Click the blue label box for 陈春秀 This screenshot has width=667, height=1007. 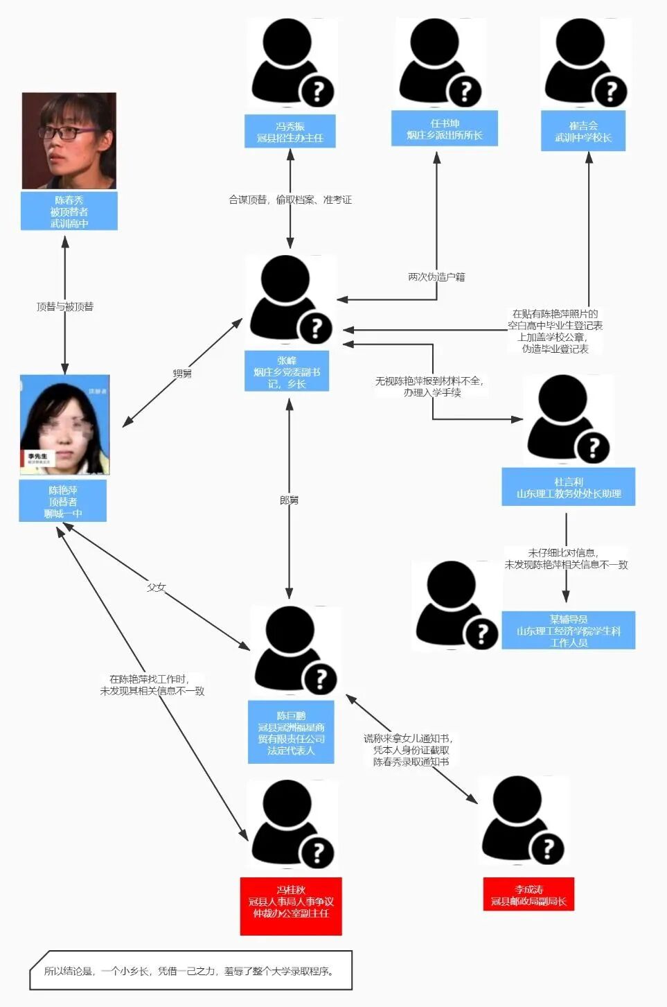[x=69, y=211]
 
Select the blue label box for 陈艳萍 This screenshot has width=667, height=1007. [x=63, y=501]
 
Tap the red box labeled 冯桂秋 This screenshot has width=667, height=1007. [x=291, y=902]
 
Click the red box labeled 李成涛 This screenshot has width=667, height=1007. [x=528, y=895]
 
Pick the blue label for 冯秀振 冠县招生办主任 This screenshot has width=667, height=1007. [x=290, y=132]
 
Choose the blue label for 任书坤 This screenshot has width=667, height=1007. [x=445, y=129]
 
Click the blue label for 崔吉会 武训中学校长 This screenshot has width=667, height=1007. [x=583, y=131]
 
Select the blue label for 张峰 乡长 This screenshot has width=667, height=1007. [x=287, y=371]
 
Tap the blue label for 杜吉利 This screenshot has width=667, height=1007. [x=569, y=487]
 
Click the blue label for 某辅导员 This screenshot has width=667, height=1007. [x=569, y=631]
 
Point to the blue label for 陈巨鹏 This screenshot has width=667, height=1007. [x=291, y=733]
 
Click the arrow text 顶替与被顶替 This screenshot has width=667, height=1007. [x=65, y=306]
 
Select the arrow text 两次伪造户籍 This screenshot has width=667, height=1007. [x=436, y=277]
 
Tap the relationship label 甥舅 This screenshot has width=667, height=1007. [x=182, y=374]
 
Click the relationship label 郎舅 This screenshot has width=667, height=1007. [x=289, y=500]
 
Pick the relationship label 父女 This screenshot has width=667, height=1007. [x=157, y=587]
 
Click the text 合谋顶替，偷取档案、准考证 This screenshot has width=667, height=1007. [x=290, y=200]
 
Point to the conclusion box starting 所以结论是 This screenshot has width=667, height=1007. [x=190, y=971]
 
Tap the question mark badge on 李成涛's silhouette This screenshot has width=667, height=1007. [x=548, y=848]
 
